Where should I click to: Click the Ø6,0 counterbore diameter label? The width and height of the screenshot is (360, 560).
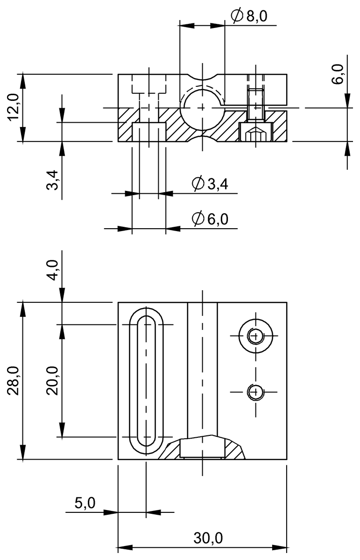point(210,218)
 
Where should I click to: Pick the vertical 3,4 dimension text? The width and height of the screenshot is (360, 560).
point(53,180)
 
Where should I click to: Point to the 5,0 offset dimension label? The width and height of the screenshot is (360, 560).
point(85,503)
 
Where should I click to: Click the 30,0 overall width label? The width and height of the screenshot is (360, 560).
point(208,539)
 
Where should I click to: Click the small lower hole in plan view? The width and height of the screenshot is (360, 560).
point(255,392)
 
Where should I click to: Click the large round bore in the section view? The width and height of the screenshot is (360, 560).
point(202,108)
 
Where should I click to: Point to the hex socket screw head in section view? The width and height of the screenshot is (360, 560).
point(255,134)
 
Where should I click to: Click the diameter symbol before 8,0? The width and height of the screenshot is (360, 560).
point(237,16)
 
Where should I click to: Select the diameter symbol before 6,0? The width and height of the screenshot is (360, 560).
point(198,218)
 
